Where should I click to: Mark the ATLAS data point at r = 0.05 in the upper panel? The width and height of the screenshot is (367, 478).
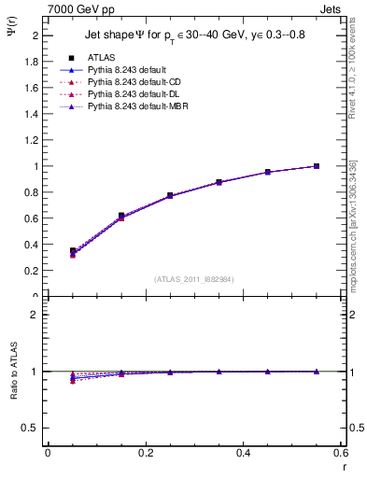click(73, 250)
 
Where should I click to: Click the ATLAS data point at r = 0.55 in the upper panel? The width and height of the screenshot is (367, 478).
click(317, 166)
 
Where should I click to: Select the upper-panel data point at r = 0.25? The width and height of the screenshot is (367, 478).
click(170, 195)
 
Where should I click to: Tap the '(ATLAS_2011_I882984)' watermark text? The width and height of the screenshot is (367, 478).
click(193, 278)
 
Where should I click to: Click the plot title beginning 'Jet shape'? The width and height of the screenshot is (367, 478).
click(194, 35)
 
